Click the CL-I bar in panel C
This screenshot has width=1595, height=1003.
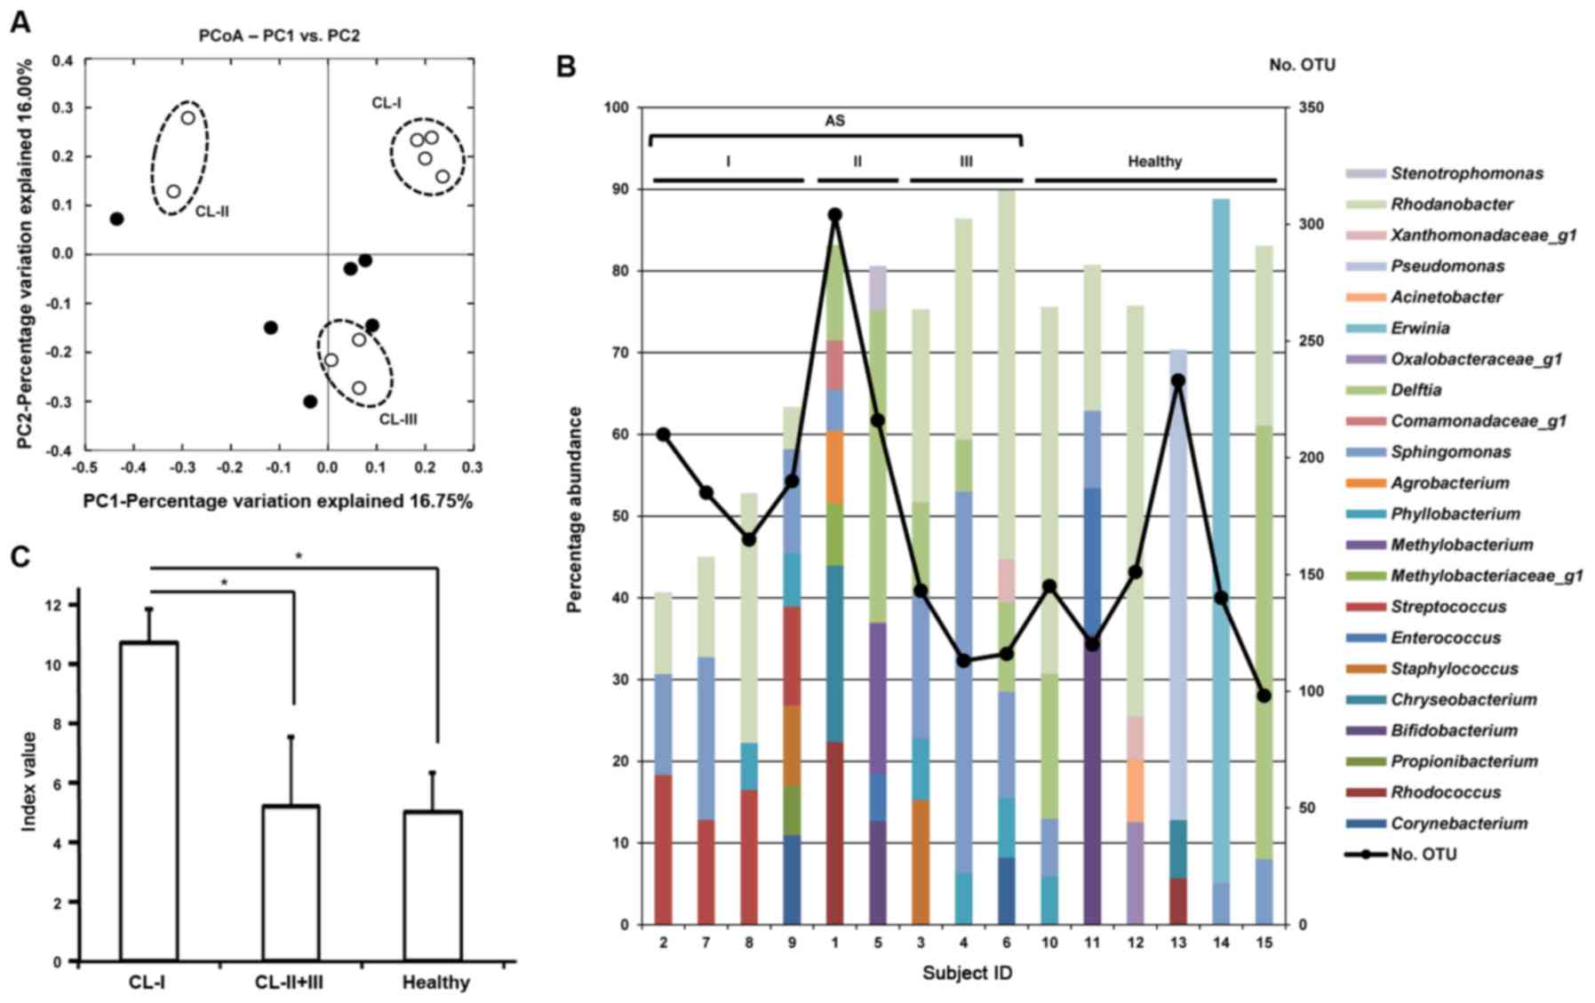(148, 800)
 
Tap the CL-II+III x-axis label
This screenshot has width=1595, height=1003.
(290, 983)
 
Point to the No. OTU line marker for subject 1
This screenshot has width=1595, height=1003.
(835, 215)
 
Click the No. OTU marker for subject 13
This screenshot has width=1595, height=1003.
(1178, 380)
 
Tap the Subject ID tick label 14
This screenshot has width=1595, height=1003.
(1221, 942)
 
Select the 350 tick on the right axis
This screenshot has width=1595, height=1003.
(1312, 107)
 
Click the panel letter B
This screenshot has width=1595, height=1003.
(566, 67)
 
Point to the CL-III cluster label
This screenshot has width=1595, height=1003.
(398, 419)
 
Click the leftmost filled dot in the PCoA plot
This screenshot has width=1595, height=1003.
(116, 219)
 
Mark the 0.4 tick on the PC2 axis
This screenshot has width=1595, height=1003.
(62, 60)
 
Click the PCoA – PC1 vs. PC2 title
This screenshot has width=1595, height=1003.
(279, 36)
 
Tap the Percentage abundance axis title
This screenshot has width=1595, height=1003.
(574, 510)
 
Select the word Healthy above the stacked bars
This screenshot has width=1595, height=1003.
(1154, 162)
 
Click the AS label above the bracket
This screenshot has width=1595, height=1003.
(834, 120)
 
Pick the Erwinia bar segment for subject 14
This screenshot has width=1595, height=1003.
(1221, 533)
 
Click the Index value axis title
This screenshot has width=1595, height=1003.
(29, 781)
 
